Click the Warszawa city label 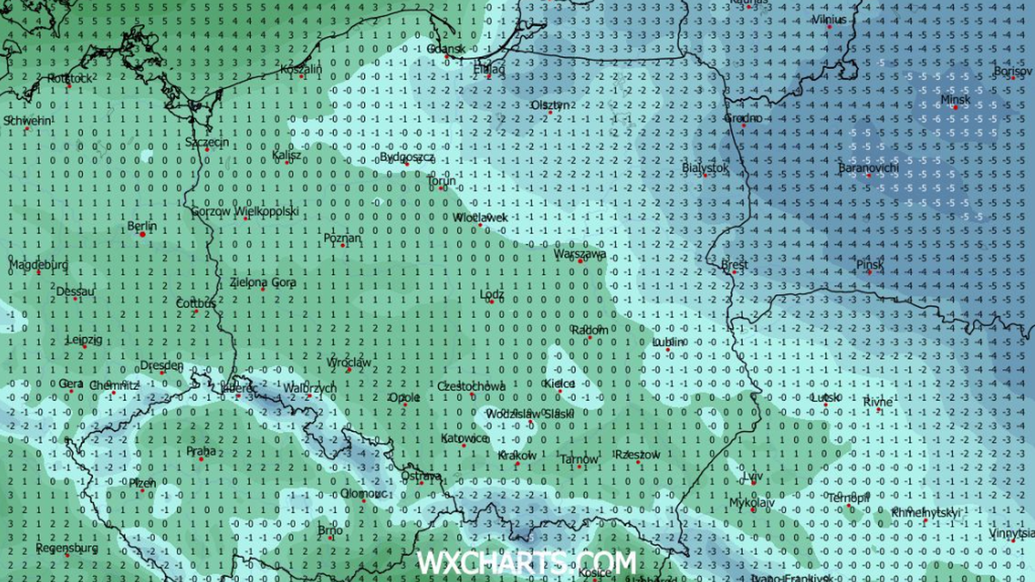pyautogui.click(x=580, y=255)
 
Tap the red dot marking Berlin pyautogui.click(x=141, y=234)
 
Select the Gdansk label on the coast pyautogui.click(x=446, y=49)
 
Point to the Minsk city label pyautogui.click(x=955, y=100)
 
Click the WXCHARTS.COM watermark pyautogui.click(x=526, y=563)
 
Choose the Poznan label pyautogui.click(x=342, y=237)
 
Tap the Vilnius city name pyautogui.click(x=830, y=19)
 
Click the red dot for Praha pyautogui.click(x=201, y=459)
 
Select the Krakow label pyautogui.click(x=517, y=455)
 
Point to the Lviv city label pyautogui.click(x=753, y=476)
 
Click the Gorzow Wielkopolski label pyautogui.click(x=245, y=210)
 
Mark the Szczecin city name pyautogui.click(x=206, y=141)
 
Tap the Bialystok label pyautogui.click(x=705, y=168)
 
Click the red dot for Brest pyautogui.click(x=734, y=274)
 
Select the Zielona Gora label pyautogui.click(x=263, y=282)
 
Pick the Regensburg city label pyautogui.click(x=66, y=548)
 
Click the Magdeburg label pyautogui.click(x=38, y=265)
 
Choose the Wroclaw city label pyautogui.click(x=349, y=363)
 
